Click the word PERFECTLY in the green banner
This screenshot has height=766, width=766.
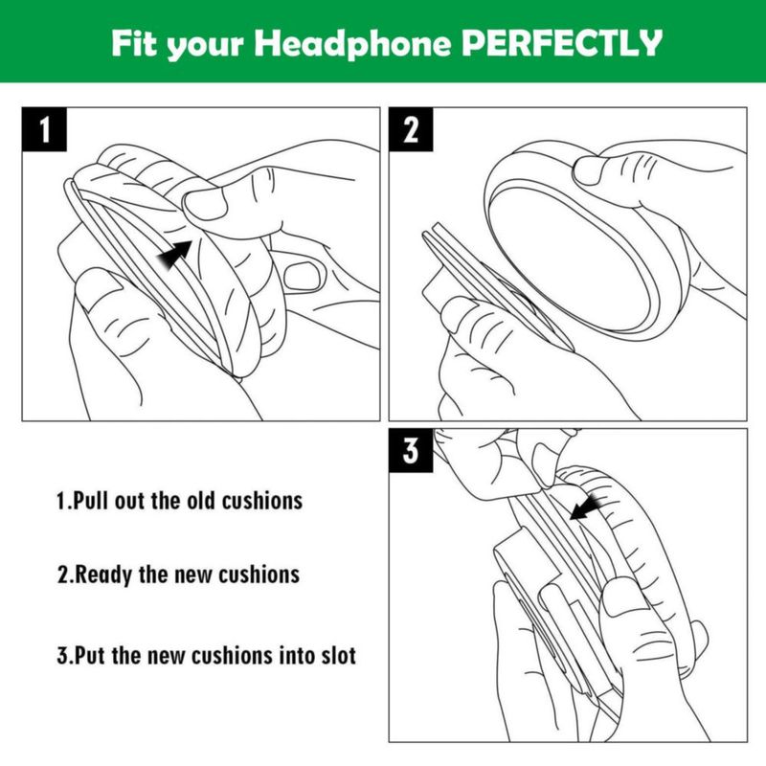562,43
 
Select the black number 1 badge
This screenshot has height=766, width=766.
44,129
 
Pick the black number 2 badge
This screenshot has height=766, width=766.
411,129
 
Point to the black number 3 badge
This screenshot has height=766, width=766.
411,450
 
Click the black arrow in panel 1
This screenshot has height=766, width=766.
174,255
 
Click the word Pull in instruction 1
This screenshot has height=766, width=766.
91,501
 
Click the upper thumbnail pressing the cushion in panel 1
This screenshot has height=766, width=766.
204,204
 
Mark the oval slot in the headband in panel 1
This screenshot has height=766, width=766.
302,275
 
